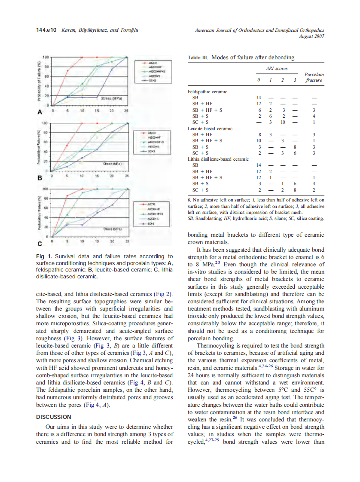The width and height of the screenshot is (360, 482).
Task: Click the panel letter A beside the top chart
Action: tap(40, 112)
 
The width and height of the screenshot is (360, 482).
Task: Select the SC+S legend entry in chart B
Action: tap(151, 151)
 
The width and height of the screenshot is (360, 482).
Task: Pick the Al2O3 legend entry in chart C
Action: tap(151, 204)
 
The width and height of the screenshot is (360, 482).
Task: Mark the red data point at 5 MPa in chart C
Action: tap(67, 196)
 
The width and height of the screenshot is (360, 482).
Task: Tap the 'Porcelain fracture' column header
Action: tap(314, 77)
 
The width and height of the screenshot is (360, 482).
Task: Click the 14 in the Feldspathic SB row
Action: tap(258, 98)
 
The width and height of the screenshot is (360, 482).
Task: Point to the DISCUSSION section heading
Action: tap(54, 417)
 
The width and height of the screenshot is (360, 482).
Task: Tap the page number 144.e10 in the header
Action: tap(47, 31)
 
